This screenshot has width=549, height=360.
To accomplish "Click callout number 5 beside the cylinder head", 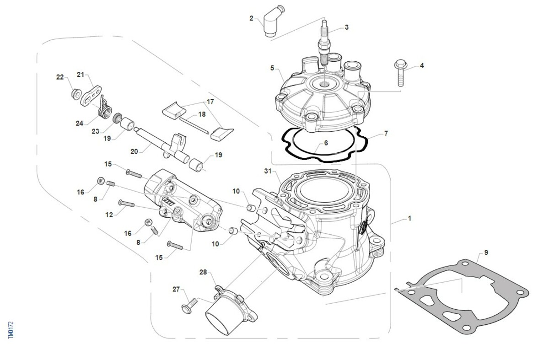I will pyautogui.click(x=272, y=68).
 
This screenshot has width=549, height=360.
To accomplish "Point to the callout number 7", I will pyautogui.click(x=386, y=134).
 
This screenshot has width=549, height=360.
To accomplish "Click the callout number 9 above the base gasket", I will pyautogui.click(x=486, y=252).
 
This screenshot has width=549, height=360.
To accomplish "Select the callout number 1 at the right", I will pyautogui.click(x=409, y=219).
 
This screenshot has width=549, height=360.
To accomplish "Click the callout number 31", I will pyautogui.click(x=268, y=171).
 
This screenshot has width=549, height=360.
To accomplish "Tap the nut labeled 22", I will pyautogui.click(x=75, y=94).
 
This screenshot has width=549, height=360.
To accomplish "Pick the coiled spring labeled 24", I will pyautogui.click(x=106, y=108).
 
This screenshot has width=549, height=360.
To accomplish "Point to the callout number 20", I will pyautogui.click(x=134, y=151).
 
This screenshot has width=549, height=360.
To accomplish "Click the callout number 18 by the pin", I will pyautogui.click(x=202, y=114).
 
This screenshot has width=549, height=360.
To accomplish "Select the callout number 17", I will pyautogui.click(x=210, y=102).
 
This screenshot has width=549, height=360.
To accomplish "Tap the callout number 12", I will pyautogui.click(x=109, y=214).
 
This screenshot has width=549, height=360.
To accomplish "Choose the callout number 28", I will pyautogui.click(x=203, y=273).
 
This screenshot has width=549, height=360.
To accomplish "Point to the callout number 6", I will pyautogui.click(x=326, y=143).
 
